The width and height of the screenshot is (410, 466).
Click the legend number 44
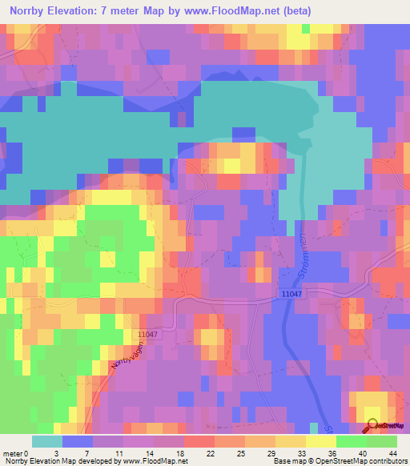[392, 453]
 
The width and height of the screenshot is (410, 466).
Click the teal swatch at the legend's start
[46, 441]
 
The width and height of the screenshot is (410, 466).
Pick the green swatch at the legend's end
[381, 441]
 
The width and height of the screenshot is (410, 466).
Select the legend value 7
[93, 453]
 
